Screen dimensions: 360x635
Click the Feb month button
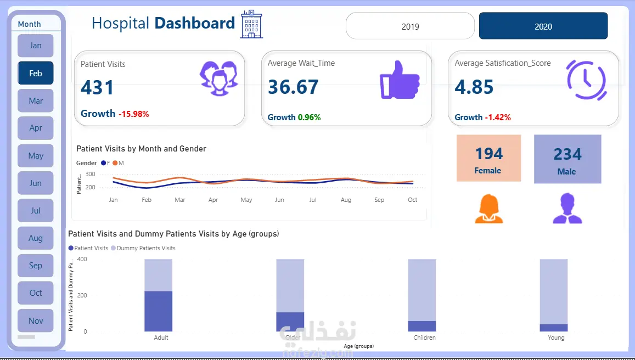coord(36,73)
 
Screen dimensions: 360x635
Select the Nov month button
coord(36,320)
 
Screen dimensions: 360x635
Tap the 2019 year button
coord(410,26)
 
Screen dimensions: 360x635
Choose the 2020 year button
coord(543,26)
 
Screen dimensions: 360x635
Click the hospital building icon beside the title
coord(251,24)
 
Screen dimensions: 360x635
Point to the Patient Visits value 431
coord(97,88)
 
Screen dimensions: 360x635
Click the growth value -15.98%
coord(132,114)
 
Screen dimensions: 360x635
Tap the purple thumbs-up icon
coord(400,81)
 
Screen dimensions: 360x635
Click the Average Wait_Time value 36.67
coord(293,87)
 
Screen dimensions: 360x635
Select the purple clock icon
coord(586,80)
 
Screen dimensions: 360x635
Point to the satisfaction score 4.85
coord(474,87)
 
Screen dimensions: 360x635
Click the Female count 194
coord(489,154)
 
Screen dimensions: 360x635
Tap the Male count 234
coord(567,154)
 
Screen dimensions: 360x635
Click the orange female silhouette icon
coord(488,209)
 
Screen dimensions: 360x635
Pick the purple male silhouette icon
coord(567,209)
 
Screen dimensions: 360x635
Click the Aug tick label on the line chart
coord(346,200)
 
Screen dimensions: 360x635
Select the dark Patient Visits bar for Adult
coord(159,311)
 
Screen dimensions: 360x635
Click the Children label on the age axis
coord(425,337)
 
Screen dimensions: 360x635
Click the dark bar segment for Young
coord(554,328)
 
